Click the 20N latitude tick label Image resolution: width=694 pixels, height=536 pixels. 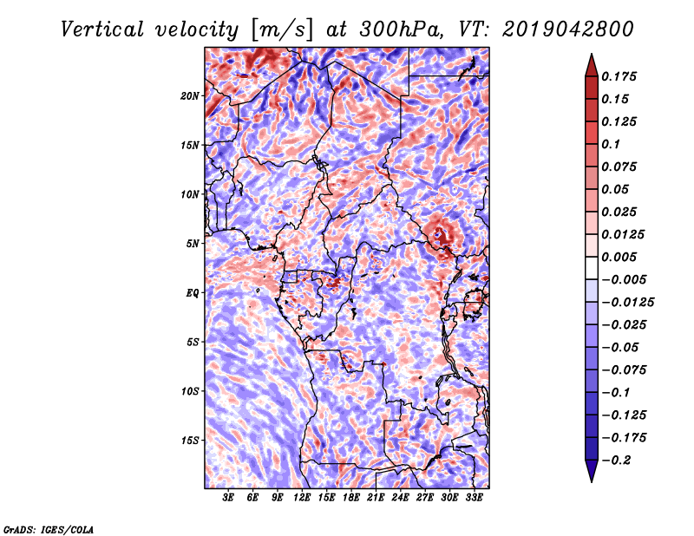click(x=190, y=96)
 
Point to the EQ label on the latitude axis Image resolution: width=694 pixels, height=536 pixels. click(x=192, y=293)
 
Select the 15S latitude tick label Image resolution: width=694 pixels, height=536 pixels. click(x=190, y=441)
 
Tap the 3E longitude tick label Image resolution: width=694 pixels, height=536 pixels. click(x=228, y=498)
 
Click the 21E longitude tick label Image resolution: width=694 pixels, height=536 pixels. click(x=376, y=498)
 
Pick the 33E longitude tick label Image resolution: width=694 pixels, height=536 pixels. click(x=474, y=498)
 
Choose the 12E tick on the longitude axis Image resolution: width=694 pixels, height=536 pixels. click(x=302, y=498)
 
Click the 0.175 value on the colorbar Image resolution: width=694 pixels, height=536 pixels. click(x=619, y=76)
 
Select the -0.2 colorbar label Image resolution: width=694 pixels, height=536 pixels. click(x=617, y=461)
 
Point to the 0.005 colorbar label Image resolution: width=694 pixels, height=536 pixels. click(x=619, y=257)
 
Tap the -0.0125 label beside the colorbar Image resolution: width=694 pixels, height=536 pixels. click(x=628, y=303)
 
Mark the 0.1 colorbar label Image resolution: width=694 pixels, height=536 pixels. click(x=612, y=144)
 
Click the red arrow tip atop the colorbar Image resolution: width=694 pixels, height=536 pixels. click(x=592, y=54)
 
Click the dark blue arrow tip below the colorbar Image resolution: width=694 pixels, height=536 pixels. click(x=592, y=481)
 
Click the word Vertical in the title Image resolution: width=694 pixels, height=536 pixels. click(x=102, y=29)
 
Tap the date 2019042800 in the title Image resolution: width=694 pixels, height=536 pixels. click(x=568, y=29)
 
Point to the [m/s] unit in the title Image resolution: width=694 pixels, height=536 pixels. click(x=282, y=30)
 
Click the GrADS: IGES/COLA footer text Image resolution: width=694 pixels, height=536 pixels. click(x=49, y=530)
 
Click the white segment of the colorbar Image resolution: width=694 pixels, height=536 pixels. click(x=592, y=268)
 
